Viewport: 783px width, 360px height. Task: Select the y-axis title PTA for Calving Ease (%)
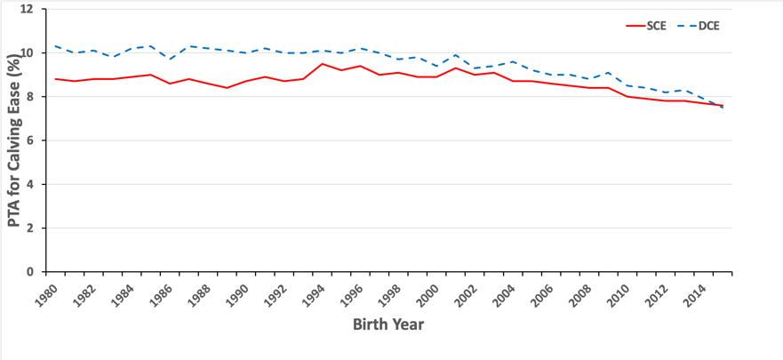14,140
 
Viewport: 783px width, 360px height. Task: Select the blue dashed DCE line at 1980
55,46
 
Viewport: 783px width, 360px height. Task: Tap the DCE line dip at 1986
171,60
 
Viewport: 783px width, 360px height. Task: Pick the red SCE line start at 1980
55,79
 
